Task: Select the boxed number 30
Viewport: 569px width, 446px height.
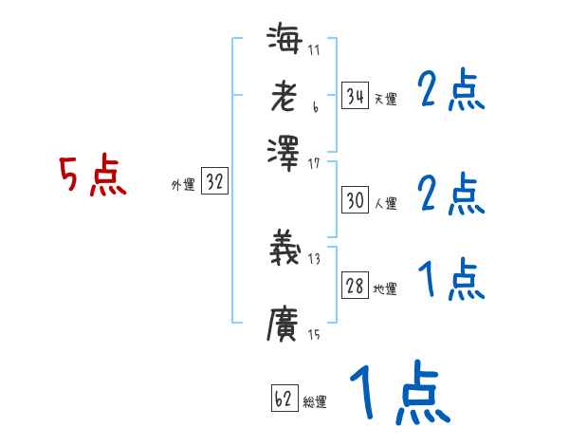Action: (x=355, y=200)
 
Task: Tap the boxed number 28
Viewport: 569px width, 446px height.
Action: (x=355, y=286)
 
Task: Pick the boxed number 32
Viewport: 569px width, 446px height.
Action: (x=214, y=183)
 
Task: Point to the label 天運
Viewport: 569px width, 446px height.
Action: (x=385, y=98)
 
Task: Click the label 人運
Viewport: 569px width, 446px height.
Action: (x=385, y=203)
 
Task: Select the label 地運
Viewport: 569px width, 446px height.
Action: (x=385, y=288)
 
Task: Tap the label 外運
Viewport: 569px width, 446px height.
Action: (x=182, y=186)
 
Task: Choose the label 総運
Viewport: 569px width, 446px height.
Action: (x=315, y=401)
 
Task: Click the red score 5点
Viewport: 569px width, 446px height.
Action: (x=93, y=177)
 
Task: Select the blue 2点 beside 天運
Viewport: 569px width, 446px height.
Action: (x=450, y=92)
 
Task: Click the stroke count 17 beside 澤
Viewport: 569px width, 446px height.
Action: (x=314, y=163)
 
